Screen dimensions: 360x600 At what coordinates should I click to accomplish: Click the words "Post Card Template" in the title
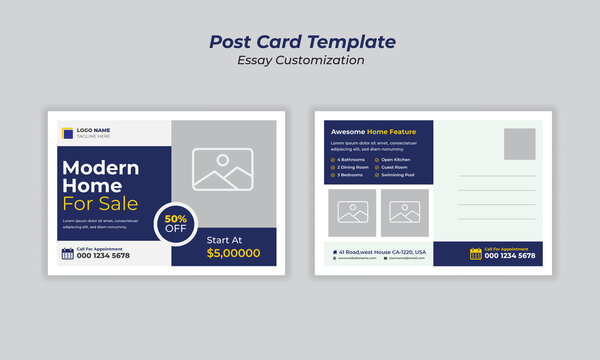(x=301, y=42)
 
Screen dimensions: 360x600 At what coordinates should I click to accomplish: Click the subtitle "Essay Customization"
(x=301, y=60)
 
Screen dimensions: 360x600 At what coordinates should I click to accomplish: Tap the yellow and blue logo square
(x=67, y=132)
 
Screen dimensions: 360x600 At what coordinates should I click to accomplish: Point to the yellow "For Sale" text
(x=100, y=205)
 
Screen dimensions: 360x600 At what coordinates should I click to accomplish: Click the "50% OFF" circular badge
(x=175, y=222)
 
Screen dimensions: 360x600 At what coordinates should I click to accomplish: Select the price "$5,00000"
(x=233, y=254)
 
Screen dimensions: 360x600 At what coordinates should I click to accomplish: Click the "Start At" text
(x=224, y=239)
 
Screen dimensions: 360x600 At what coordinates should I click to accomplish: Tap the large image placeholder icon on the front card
(x=223, y=169)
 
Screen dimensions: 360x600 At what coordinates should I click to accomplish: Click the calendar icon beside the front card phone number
(x=68, y=254)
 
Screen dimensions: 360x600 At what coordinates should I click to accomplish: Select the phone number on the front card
(x=103, y=256)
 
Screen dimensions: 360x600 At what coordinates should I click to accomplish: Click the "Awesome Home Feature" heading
(x=373, y=131)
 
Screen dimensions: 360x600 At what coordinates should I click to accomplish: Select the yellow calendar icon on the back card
(x=476, y=254)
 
